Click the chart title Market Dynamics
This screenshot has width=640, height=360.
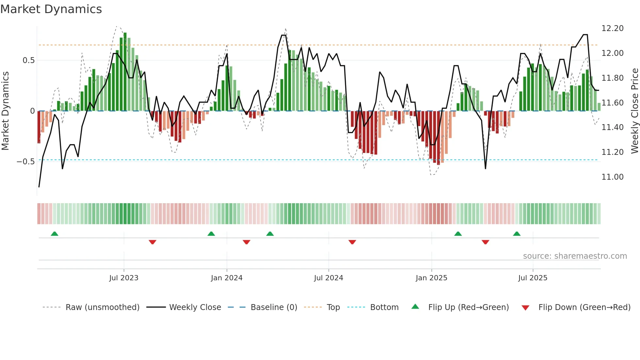pos(51,9)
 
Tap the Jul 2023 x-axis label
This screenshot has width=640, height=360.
pos(124,278)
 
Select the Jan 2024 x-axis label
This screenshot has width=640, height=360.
pos(227,278)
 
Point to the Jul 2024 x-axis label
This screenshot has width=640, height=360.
pos(328,278)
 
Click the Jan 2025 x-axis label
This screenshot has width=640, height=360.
pos(431,278)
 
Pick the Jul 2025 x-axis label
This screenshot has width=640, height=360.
pos(533,278)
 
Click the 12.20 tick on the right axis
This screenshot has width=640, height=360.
pos(612,28)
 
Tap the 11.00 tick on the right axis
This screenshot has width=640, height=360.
pos(612,177)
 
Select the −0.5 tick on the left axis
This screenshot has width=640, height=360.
pos(25,162)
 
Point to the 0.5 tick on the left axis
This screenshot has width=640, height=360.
pos(28,60)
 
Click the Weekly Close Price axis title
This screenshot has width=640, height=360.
pos(634,111)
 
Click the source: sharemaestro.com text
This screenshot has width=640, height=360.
pos(575,256)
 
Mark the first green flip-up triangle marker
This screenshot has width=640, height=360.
pos(55,234)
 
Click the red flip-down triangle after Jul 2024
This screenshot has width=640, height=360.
pos(352,242)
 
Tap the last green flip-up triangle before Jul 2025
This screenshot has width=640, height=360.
pos(517,234)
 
